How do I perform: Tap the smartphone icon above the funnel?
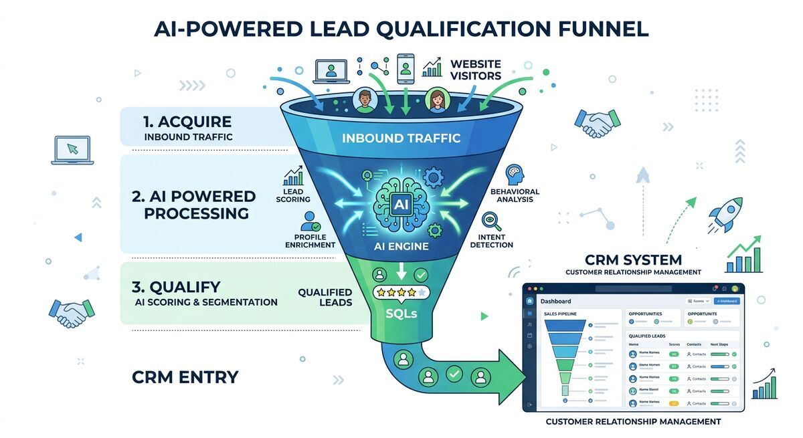[406, 68]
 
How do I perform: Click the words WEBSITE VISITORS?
[475, 70]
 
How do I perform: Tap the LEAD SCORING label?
[293, 195]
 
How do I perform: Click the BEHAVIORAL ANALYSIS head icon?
[514, 175]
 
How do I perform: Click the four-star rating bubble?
[401, 292]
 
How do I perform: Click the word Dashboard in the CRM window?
[555, 302]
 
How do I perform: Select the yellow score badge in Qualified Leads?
[674, 403]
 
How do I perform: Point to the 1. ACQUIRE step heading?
[187, 122]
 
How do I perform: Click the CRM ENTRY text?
[185, 377]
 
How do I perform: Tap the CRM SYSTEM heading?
[633, 259]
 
